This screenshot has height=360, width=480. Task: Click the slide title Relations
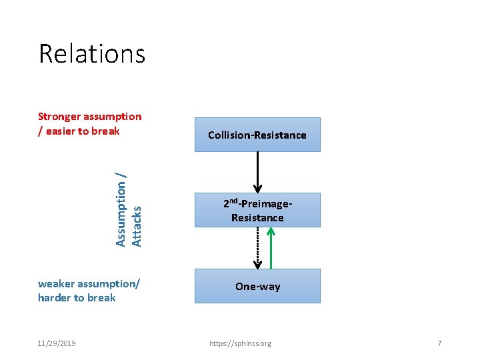pos(92,53)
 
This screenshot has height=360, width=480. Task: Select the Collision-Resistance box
pos(257,135)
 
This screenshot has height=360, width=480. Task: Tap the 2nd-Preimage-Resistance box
pos(257,210)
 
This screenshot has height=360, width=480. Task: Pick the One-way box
pos(257,286)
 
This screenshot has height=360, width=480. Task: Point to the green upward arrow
pos(271,250)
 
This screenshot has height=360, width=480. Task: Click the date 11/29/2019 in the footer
pos(57,343)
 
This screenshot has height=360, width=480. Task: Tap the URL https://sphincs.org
pos(240,343)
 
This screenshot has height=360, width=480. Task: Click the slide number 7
pos(439,343)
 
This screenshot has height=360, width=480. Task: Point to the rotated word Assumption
pos(121,209)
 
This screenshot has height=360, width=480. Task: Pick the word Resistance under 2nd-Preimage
pos(257,218)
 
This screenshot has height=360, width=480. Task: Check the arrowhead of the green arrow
pos(271,231)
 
